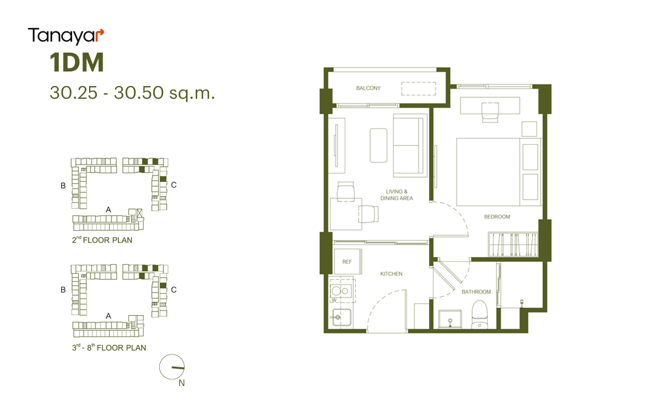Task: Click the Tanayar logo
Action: coord(66,36)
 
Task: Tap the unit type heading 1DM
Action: coord(77,62)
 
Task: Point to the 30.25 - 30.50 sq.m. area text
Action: coord(132,93)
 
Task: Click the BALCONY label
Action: coord(368,88)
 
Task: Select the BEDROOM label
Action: coord(497,216)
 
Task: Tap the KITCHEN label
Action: coord(391,274)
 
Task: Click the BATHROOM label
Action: coord(476,292)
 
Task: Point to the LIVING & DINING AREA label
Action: coord(397,195)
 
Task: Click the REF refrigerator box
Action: coord(347,261)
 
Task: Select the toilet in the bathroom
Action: coord(479,315)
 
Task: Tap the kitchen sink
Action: coord(341,318)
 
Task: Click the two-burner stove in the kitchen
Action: coord(342,290)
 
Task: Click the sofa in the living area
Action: coord(408,145)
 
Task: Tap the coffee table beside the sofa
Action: coord(379,145)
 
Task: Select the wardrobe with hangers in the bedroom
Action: coord(513,244)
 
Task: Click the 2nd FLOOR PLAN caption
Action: coord(102,240)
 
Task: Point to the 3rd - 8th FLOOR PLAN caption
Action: coord(109,347)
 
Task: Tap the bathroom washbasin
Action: coord(450,319)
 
